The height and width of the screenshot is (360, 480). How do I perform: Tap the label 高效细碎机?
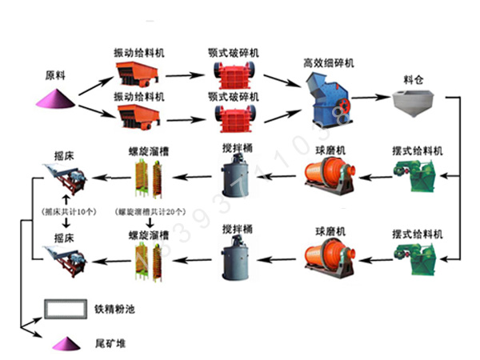[329, 62]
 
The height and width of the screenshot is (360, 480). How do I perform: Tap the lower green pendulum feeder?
[417, 258]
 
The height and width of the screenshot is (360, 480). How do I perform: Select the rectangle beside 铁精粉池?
[66, 308]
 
